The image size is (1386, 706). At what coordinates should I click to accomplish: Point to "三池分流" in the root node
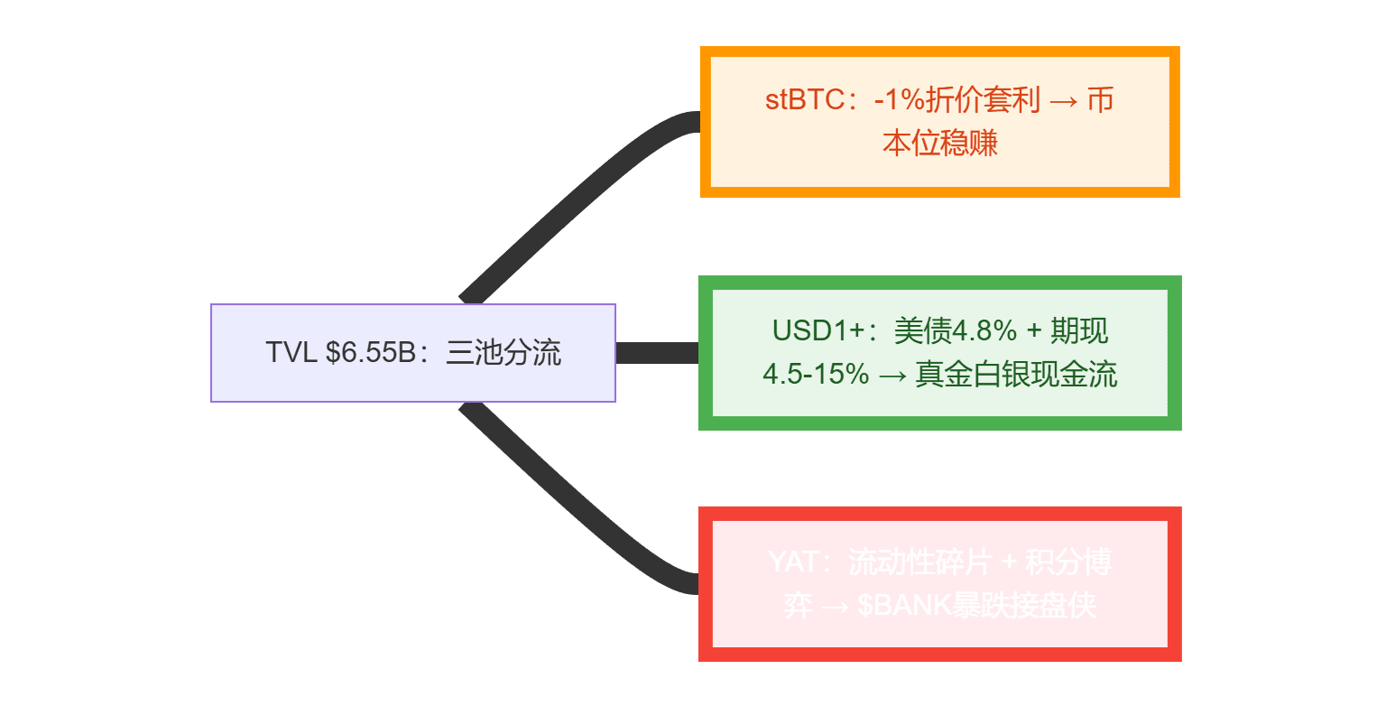(504, 353)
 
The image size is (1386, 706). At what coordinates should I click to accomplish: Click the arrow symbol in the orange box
(1054, 99)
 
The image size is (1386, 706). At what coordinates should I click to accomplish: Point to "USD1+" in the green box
(808, 331)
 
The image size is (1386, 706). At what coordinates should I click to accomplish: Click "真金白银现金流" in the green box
(1016, 374)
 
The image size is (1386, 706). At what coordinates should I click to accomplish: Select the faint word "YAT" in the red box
(791, 562)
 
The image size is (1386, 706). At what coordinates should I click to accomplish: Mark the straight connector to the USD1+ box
(657, 353)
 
